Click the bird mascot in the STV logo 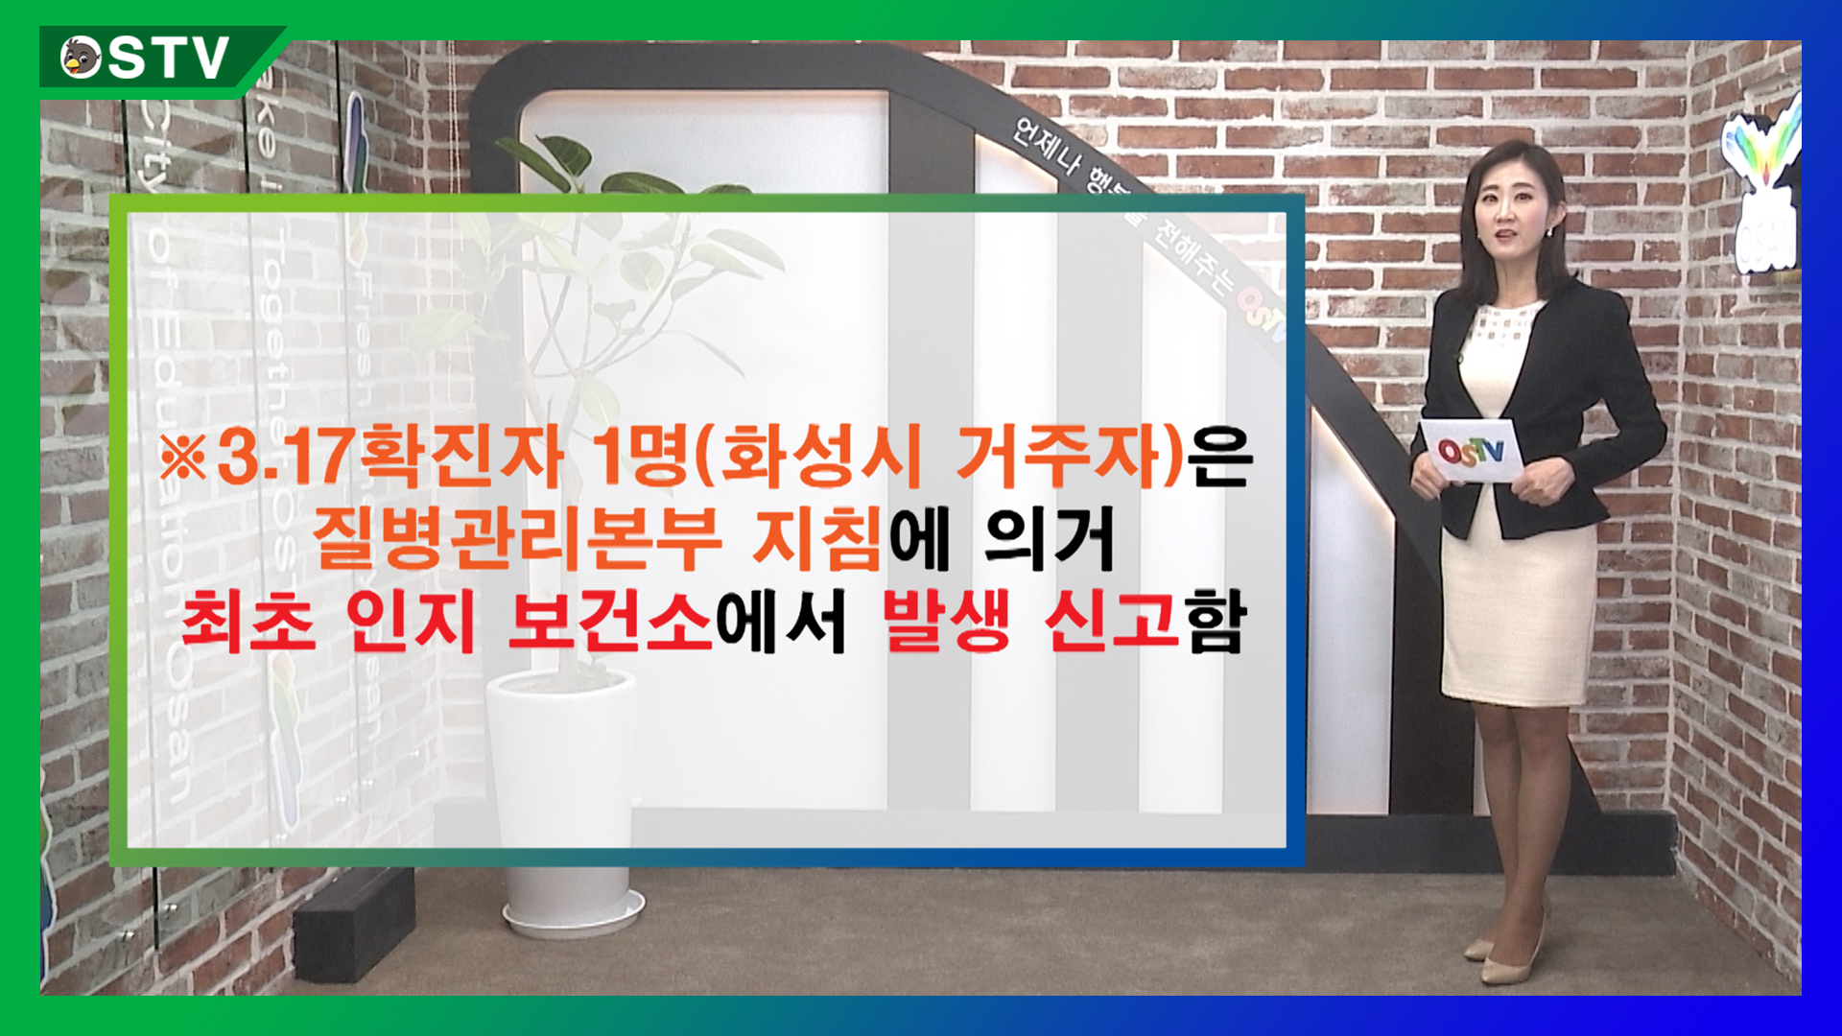[82, 58]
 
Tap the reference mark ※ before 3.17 [183, 458]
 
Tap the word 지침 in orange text [816, 538]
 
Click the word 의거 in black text [1051, 538]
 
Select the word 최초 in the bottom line [248, 622]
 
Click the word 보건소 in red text [610, 622]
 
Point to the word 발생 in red [946, 622]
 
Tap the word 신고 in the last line [1112, 622]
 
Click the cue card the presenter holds [1470, 450]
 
